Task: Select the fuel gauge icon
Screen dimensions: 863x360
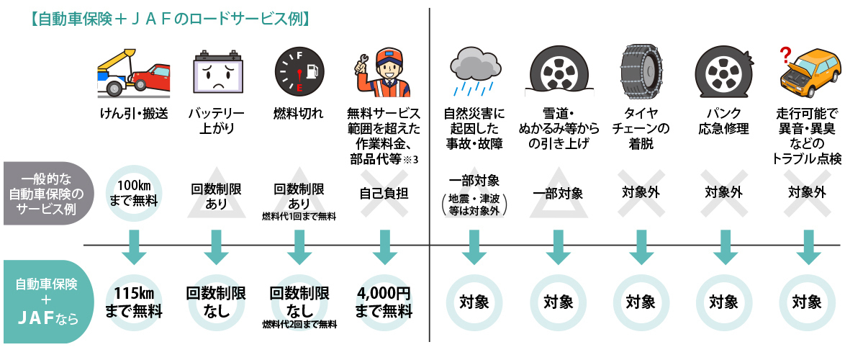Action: point(299,73)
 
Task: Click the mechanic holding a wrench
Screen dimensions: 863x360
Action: point(382,71)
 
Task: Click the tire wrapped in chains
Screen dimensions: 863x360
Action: point(641,71)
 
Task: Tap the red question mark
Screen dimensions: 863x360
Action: point(785,55)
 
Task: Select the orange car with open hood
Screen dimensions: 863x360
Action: point(811,74)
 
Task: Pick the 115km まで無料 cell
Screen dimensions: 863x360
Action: point(134,302)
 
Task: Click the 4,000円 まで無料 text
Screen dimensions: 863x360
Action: point(384,302)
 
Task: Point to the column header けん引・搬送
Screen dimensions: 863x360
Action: point(134,114)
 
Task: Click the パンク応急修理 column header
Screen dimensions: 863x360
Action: point(724,122)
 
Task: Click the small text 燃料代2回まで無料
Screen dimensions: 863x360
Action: point(299,325)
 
